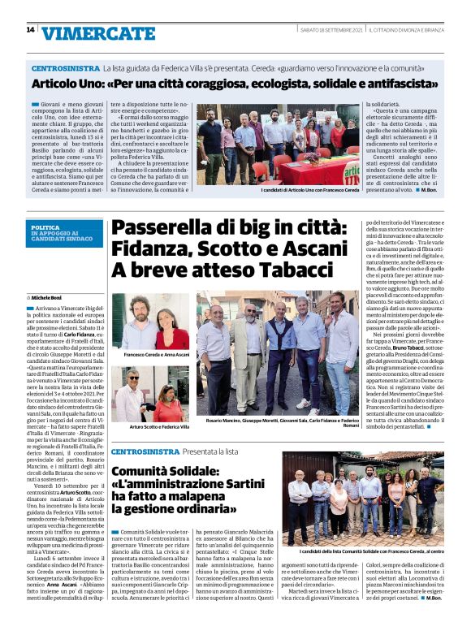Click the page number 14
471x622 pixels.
30,30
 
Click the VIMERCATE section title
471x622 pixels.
98,33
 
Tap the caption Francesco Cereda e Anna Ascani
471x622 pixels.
157,356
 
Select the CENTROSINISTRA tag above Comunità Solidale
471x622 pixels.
145,451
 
